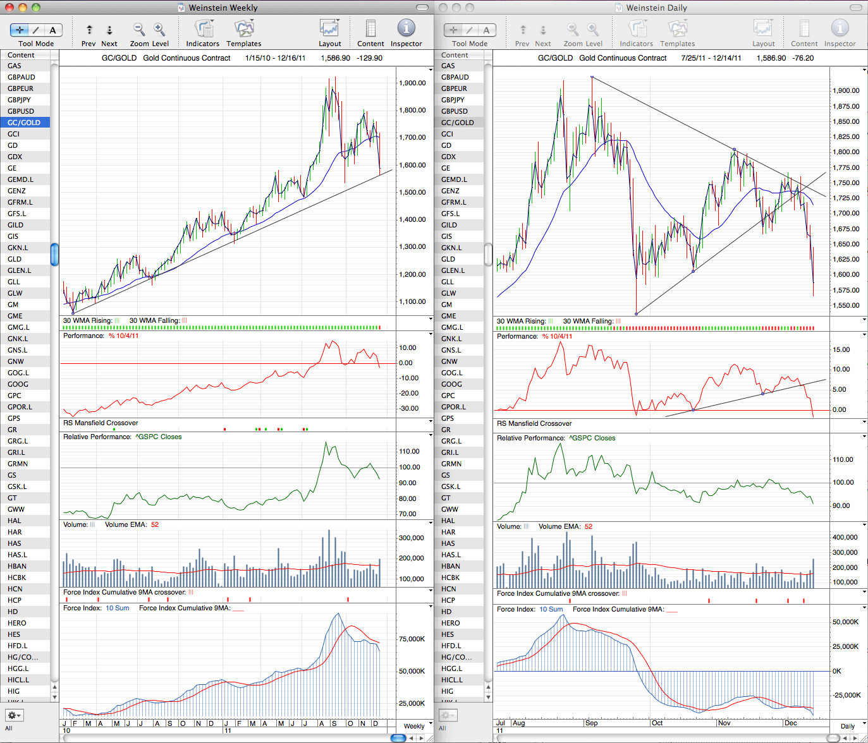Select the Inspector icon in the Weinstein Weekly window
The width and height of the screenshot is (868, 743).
point(406,28)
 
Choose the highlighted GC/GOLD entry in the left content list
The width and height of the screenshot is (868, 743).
point(24,123)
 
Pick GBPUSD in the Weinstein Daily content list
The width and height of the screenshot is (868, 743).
point(454,111)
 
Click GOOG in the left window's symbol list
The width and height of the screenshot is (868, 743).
point(18,384)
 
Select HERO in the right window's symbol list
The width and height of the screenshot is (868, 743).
point(450,623)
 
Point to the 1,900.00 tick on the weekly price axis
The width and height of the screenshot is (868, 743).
point(412,83)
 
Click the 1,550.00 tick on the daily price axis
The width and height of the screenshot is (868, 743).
point(846,305)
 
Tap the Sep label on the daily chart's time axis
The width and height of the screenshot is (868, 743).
point(591,723)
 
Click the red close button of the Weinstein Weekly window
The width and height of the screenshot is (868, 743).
point(9,7)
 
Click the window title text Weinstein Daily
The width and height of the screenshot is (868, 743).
point(656,8)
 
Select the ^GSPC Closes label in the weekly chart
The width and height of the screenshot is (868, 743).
point(158,437)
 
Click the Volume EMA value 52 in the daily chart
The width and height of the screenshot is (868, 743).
point(589,526)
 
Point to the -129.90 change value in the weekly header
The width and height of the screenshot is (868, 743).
point(369,58)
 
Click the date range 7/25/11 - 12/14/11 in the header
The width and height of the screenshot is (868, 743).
point(711,58)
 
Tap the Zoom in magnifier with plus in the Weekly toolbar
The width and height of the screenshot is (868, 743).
point(159,29)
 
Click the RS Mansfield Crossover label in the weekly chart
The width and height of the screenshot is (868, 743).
point(101,423)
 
